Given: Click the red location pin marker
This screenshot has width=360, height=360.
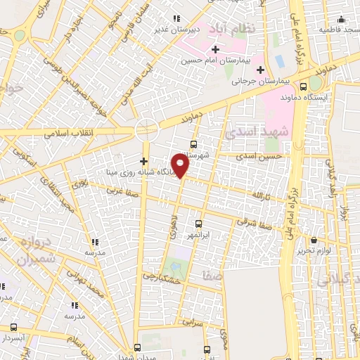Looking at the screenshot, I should coord(181,166).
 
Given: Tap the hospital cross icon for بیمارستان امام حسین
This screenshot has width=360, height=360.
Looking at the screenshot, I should coord(215,49).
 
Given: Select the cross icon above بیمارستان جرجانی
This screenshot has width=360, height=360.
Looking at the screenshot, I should coord(260,70).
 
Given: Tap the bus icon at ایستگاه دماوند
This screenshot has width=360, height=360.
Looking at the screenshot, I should coord(302,87).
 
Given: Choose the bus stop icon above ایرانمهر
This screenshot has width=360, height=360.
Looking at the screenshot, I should coord(198,222).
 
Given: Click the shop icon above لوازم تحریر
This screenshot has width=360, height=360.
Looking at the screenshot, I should coord(314,239).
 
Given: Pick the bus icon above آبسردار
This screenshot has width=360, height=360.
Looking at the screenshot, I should coord(13,327).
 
